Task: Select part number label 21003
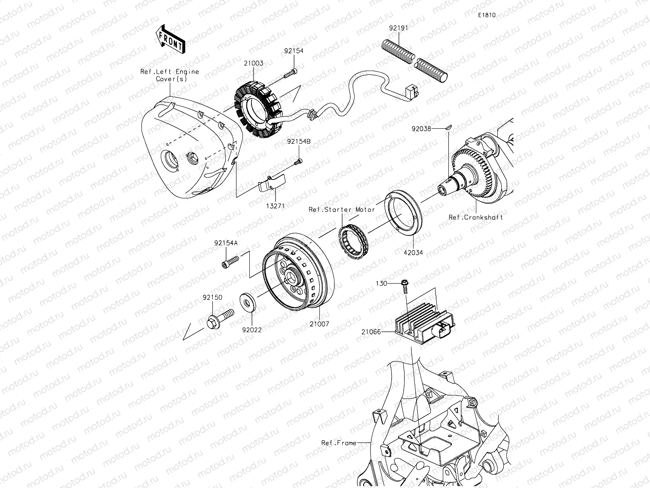click(254, 63)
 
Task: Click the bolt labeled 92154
click(290, 74)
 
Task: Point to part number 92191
click(399, 28)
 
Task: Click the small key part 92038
click(448, 127)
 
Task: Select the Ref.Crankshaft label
click(475, 217)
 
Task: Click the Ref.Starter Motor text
click(342, 210)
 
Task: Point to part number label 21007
click(318, 324)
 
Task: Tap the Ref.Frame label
click(339, 442)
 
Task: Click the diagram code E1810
click(487, 15)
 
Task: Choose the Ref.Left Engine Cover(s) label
click(170, 75)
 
